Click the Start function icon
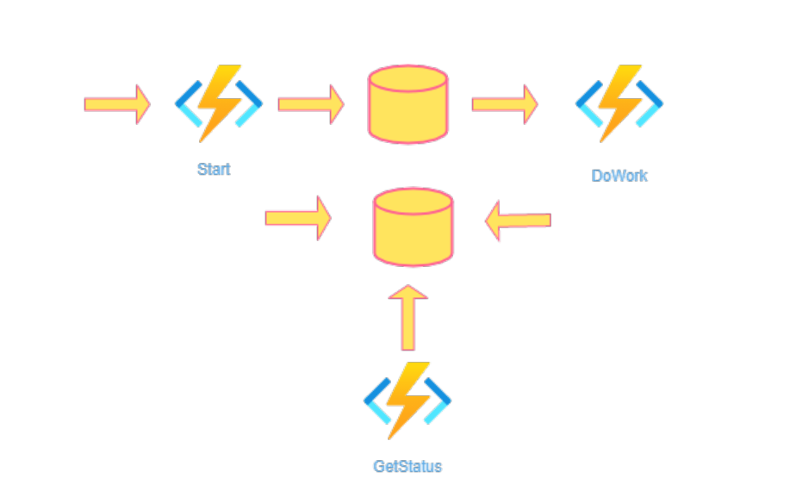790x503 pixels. coord(219,103)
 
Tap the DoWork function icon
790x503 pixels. coord(619,103)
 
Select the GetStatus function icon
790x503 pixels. coord(407,400)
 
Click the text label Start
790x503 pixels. coord(214,169)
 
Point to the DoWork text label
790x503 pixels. coord(619,176)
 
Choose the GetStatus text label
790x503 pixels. coord(407,467)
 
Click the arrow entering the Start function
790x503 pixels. coord(117,104)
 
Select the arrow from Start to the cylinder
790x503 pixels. coord(311,104)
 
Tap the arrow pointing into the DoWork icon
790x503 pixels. coord(505,104)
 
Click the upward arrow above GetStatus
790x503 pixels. coord(408,318)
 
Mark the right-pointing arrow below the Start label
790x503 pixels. coord(298,218)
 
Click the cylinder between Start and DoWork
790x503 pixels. coord(407,105)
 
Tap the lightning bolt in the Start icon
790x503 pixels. coord(219,102)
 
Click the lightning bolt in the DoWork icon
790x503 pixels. coord(619,102)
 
